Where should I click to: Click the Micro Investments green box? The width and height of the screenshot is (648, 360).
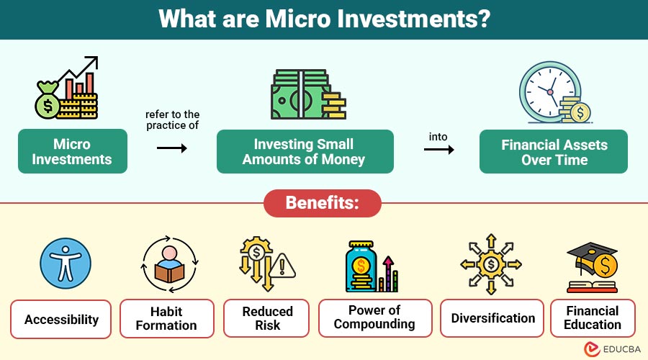click(73, 151)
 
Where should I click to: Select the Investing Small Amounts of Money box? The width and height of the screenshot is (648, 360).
click(305, 151)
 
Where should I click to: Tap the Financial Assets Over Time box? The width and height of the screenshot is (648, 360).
click(554, 152)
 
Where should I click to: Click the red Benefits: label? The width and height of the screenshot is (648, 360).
click(323, 203)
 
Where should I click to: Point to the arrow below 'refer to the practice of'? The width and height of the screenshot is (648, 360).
click(172, 148)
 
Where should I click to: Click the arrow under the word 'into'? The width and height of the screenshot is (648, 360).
click(439, 149)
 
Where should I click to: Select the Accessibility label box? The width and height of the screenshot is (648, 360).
click(60, 319)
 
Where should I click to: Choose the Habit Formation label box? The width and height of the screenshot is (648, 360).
click(167, 318)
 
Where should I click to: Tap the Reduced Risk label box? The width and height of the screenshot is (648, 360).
click(266, 318)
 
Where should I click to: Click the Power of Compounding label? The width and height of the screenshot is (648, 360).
click(375, 318)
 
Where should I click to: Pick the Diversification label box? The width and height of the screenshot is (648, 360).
click(492, 318)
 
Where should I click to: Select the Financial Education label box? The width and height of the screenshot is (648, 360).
click(593, 318)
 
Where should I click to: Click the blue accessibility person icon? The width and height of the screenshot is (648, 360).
click(66, 264)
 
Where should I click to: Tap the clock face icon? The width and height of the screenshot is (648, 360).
click(550, 92)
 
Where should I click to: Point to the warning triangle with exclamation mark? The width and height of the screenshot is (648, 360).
click(282, 266)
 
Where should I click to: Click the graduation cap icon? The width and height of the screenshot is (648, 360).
click(592, 253)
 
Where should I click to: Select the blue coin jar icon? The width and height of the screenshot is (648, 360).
click(361, 266)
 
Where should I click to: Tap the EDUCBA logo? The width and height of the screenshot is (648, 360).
click(613, 349)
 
